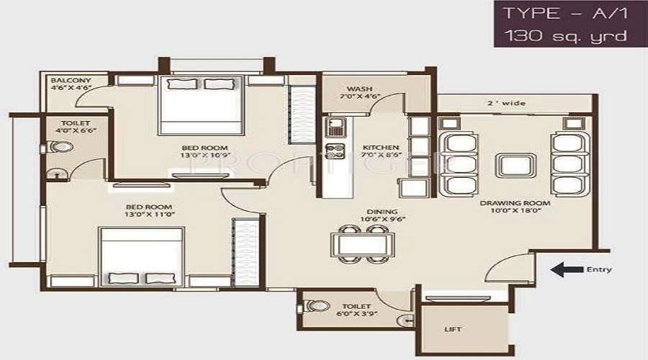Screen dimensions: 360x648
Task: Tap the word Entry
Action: (599, 270)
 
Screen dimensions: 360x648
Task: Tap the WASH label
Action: (359, 89)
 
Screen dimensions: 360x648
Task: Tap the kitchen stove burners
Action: (335, 152)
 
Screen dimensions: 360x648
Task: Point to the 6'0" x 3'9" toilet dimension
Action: (356, 314)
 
